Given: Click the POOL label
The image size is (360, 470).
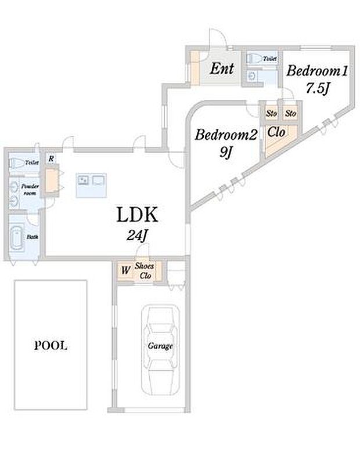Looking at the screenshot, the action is coord(51,346).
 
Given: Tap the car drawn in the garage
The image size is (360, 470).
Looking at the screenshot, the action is coord(160,350).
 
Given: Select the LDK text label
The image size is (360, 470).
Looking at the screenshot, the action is coord(137,214).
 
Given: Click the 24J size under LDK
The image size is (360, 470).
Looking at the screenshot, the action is coord(137,236).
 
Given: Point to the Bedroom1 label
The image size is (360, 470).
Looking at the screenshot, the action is coord(317,71).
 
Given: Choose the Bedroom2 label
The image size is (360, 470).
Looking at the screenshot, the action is coord(226,135).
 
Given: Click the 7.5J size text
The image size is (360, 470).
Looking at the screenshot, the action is coord(318,88).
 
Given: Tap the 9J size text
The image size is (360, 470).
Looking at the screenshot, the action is coord(226,153).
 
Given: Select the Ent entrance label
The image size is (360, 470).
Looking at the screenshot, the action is coord(222,68).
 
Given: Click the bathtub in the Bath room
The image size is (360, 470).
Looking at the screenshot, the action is coord(16,238).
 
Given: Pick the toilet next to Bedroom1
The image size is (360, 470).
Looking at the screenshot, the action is coord(254,58).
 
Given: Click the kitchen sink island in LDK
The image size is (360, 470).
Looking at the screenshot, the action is coord(91,185).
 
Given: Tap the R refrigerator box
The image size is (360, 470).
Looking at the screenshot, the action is coord(51,158).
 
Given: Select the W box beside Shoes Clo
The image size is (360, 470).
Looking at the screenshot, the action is coord(125,270).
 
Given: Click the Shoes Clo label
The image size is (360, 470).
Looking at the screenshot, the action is coord(145,270).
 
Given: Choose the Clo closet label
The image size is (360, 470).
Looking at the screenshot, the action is coord(276,132).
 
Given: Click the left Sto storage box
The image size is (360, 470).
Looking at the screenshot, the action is coord(271,113).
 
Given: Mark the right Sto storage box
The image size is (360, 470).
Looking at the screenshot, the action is coord(291,113).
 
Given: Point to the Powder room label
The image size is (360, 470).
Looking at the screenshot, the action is coord(30,190).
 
